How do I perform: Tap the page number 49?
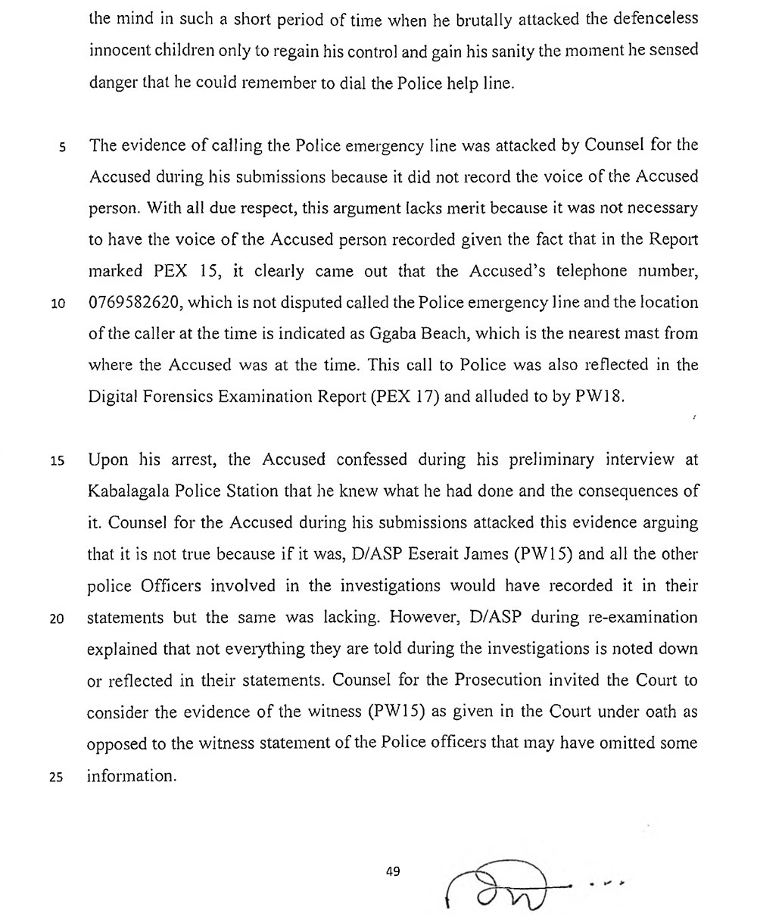[x=392, y=871]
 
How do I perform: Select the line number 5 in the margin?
[x=63, y=145]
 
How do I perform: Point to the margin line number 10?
[x=58, y=303]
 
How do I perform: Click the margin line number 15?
[x=58, y=460]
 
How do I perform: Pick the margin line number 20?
[x=58, y=618]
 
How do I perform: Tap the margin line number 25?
[x=58, y=776]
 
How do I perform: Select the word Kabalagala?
[x=134, y=491]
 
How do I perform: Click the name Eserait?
[x=434, y=554]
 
